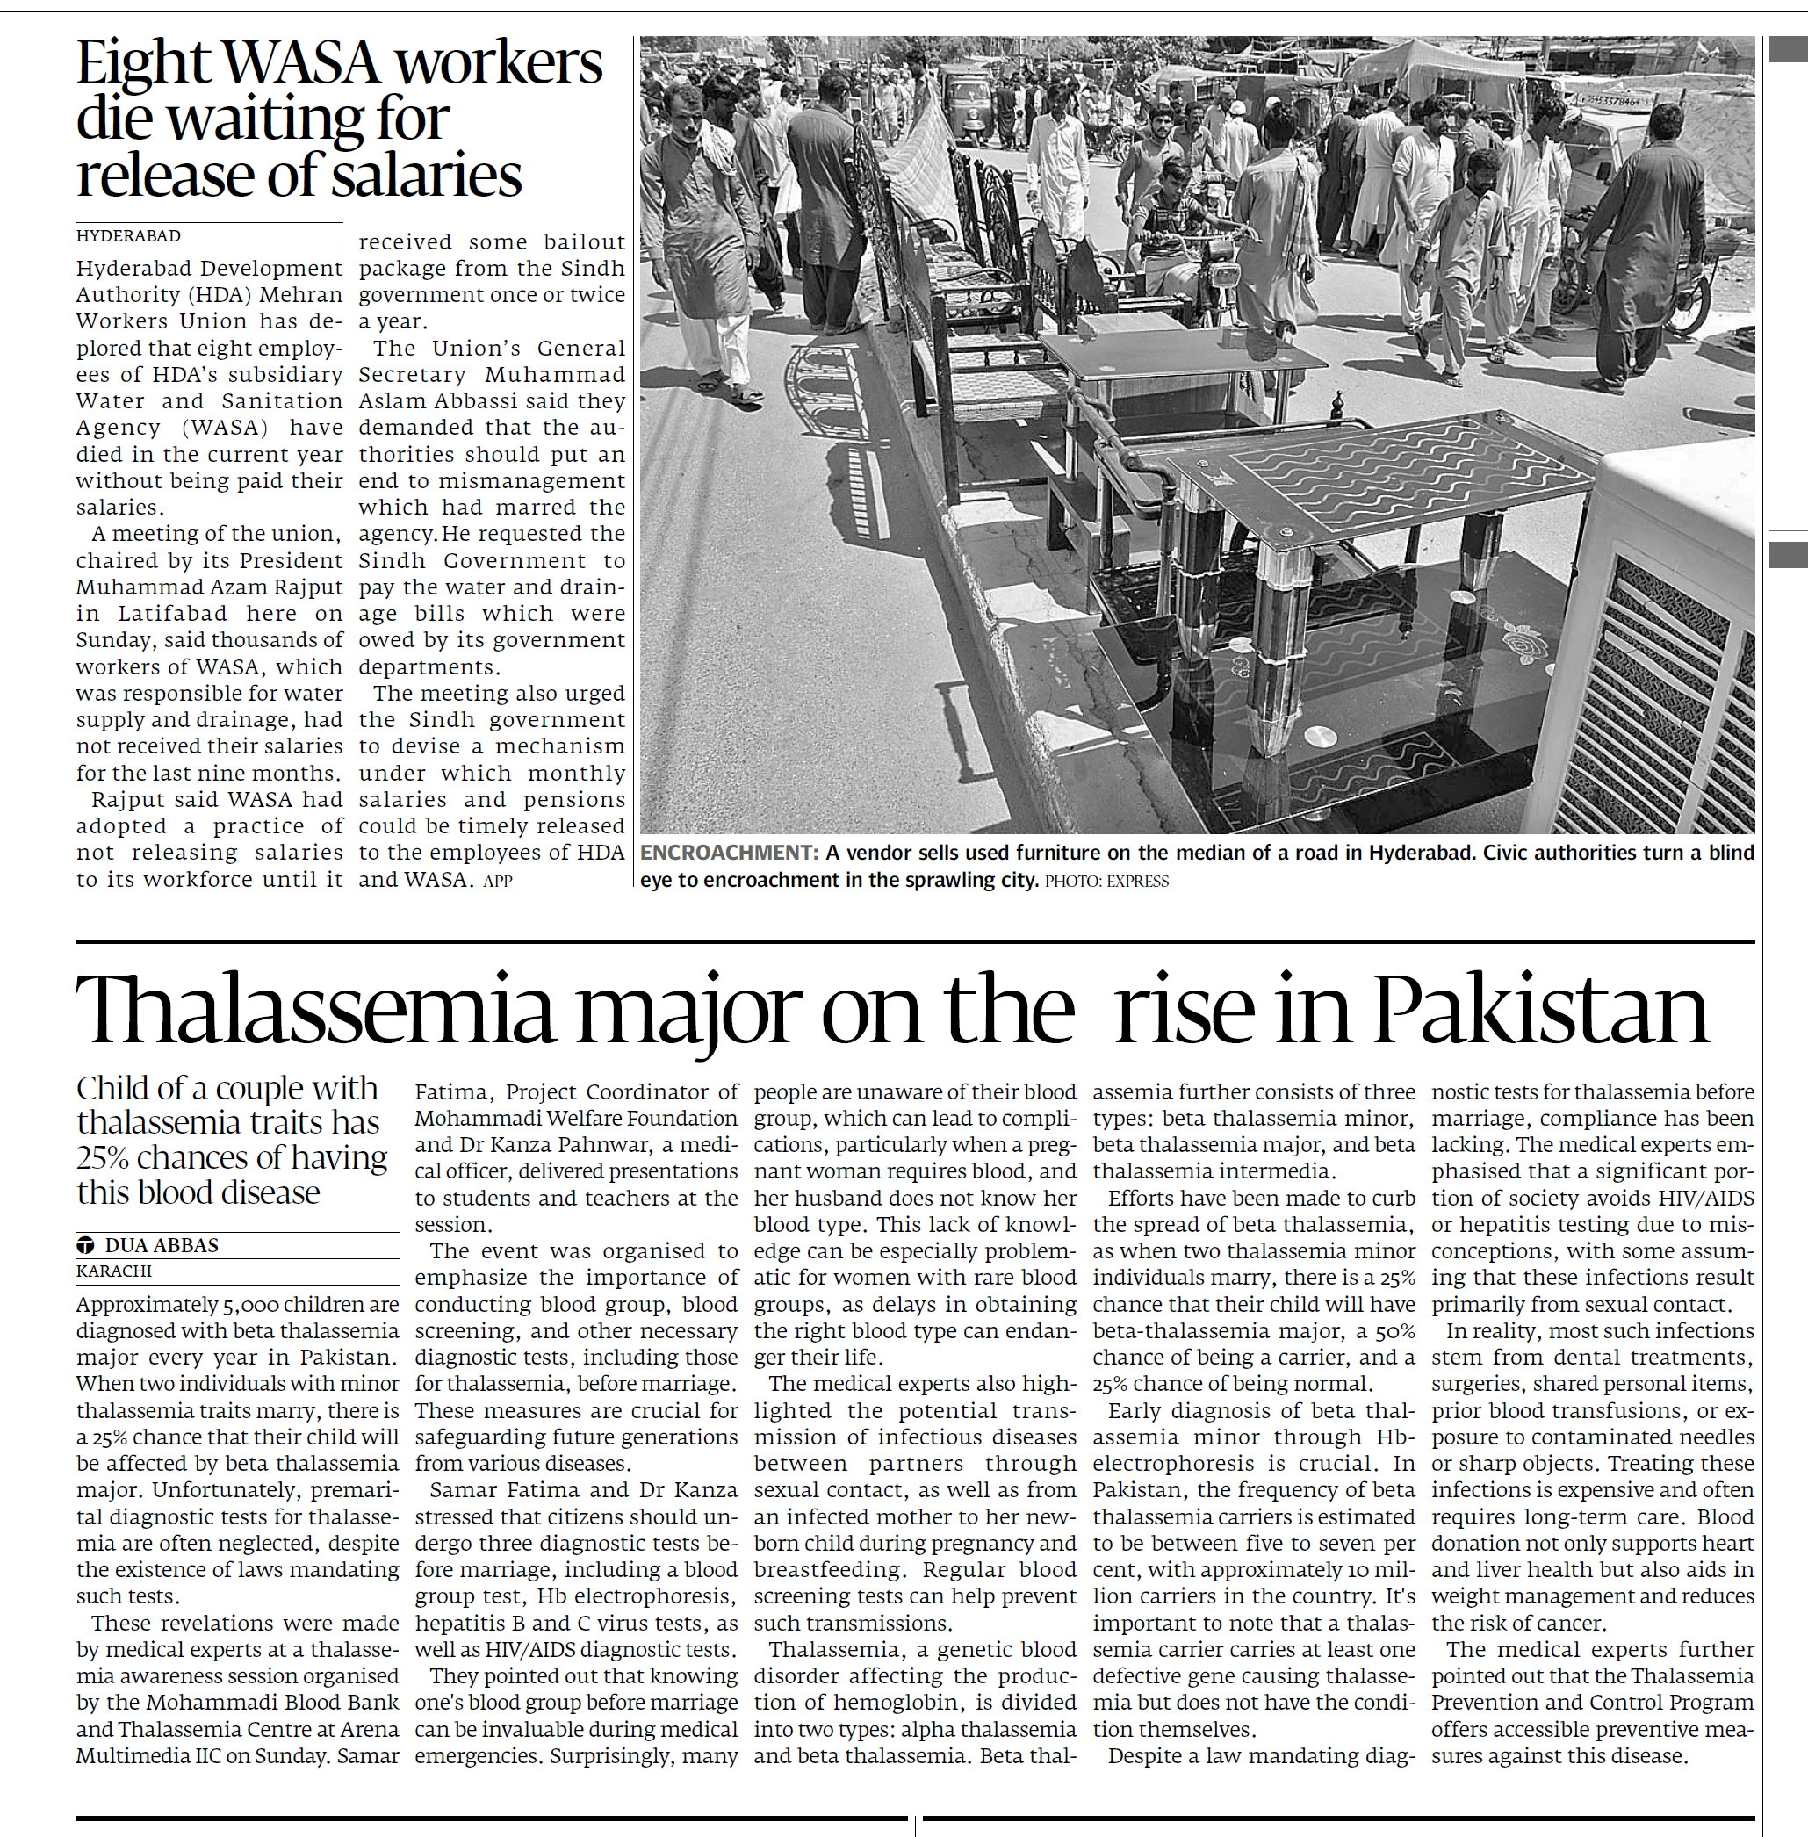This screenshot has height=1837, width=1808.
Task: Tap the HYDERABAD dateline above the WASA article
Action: point(128,236)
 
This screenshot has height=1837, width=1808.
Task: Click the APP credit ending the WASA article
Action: point(498,881)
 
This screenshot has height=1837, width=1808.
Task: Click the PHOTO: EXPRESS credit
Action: point(1106,881)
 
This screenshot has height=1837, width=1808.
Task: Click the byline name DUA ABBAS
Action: point(162,1245)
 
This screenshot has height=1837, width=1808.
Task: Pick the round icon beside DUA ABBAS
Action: point(85,1245)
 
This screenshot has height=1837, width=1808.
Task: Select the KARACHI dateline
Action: point(114,1271)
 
